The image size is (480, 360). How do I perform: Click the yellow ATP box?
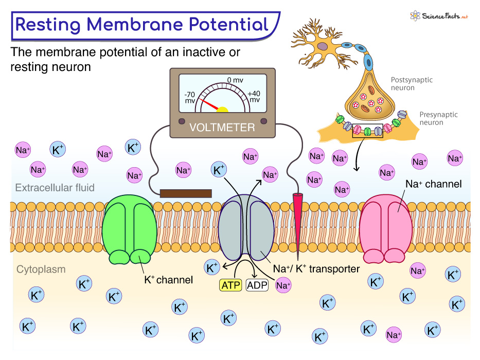tap(230, 285)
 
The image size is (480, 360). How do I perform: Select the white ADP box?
tap(257, 285)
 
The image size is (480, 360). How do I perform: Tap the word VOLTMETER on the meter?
tap(222, 127)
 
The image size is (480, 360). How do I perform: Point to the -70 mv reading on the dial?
tap(191, 98)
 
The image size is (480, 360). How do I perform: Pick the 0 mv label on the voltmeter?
tap(235, 80)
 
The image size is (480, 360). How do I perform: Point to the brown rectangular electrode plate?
tap(186, 193)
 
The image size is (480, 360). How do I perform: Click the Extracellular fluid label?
tap(55, 188)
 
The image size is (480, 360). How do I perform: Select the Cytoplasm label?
tap(41, 269)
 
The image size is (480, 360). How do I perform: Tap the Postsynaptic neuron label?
tap(412, 84)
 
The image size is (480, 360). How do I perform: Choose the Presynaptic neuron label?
tap(438, 119)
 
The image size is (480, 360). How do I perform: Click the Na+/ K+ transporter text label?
tap(316, 269)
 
